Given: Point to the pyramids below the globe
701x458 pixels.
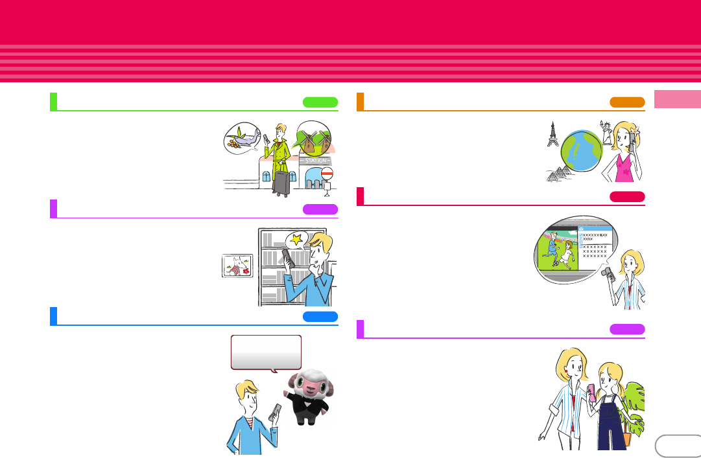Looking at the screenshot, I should tap(557, 174).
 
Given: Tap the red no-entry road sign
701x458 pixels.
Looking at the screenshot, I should tap(327, 174).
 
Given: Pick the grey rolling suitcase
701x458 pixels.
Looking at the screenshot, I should tap(281, 183).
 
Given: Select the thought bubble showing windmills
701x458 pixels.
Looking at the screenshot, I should tap(313, 137).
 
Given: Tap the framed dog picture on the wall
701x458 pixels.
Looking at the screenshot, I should tap(237, 266).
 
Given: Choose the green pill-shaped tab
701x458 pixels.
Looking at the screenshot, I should tap(320, 102).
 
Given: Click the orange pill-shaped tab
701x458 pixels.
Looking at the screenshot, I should tap(627, 102).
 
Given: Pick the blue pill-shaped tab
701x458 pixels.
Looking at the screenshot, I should tap(320, 316).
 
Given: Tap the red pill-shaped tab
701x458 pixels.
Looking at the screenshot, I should tap(627, 196).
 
